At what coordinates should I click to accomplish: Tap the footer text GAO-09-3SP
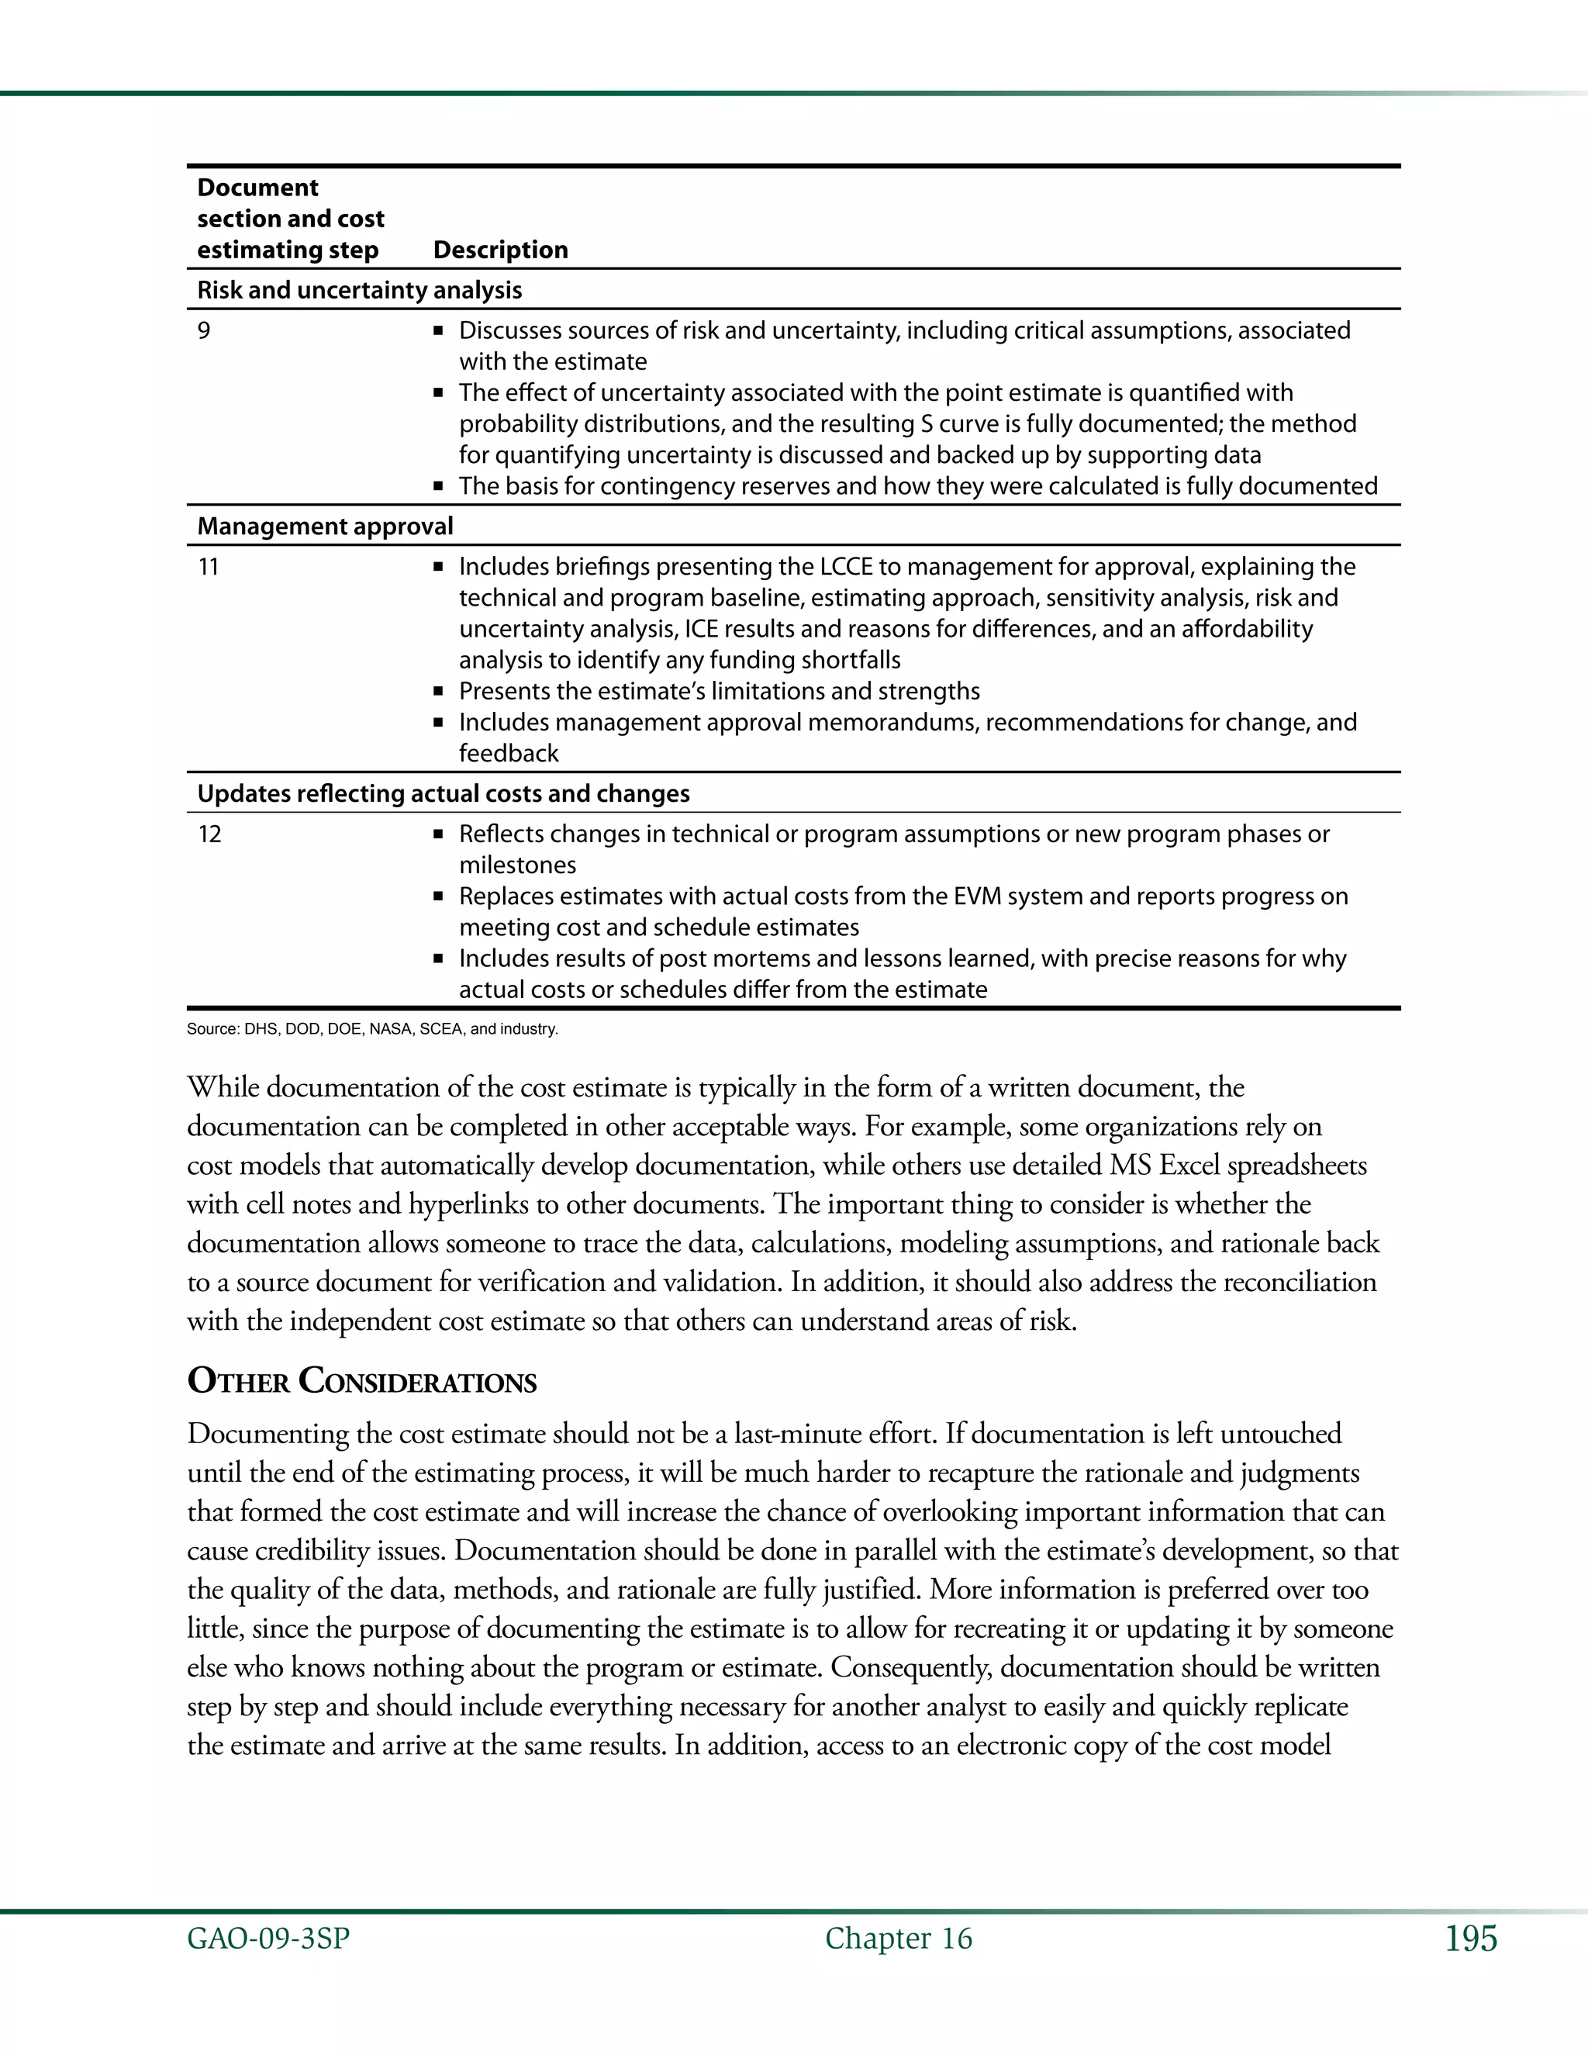tap(268, 1939)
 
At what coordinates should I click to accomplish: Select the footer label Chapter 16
tap(899, 1939)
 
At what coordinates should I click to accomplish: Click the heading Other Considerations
tap(362, 1381)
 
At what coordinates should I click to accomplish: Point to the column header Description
tap(500, 250)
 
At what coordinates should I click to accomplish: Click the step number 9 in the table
tap(204, 330)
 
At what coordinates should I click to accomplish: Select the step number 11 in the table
tap(208, 566)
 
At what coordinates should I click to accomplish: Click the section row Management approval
tap(325, 526)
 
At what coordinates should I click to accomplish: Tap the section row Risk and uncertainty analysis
tap(359, 290)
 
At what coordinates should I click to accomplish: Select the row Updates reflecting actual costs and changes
tap(443, 793)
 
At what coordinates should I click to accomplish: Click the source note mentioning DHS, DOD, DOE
tap(372, 1028)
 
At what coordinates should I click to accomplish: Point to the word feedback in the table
tap(508, 754)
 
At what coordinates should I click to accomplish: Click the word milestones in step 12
tap(517, 865)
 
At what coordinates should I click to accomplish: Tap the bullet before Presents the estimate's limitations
tap(437, 692)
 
